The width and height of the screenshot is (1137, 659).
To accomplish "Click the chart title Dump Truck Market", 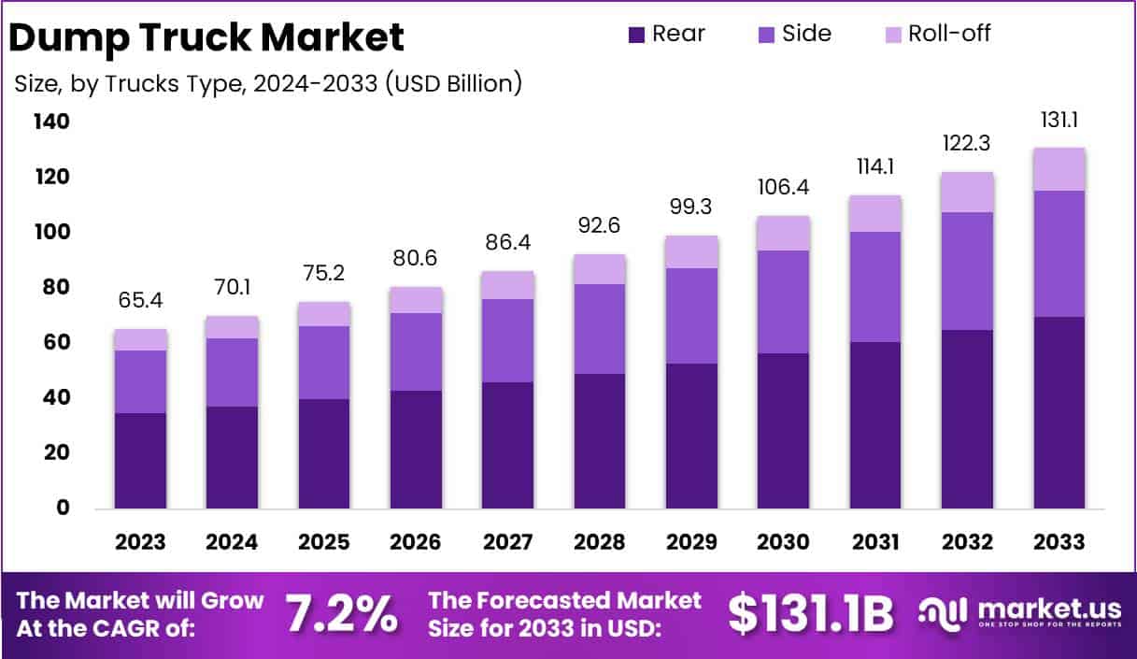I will click(206, 37).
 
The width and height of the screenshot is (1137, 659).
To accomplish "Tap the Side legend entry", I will click(794, 35).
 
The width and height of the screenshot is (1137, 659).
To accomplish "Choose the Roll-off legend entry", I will click(937, 35).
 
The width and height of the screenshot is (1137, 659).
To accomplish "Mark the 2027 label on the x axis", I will click(508, 542).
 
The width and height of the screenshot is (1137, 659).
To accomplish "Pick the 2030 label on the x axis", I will click(784, 542).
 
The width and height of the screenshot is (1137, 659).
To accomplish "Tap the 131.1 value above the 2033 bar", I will click(1059, 122).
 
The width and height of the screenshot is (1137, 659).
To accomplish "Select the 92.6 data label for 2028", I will click(600, 226).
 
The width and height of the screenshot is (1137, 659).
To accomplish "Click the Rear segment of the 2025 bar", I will click(324, 453).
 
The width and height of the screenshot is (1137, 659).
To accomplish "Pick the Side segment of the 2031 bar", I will click(875, 286).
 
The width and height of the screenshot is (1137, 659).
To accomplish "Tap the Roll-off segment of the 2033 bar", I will click(1059, 169).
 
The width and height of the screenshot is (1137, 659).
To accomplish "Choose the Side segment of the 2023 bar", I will click(140, 381).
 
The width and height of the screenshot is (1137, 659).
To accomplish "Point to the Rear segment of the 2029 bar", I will click(691, 436).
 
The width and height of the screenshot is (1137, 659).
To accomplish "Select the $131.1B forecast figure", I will click(810, 613).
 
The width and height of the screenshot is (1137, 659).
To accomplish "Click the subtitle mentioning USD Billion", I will click(268, 83).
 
